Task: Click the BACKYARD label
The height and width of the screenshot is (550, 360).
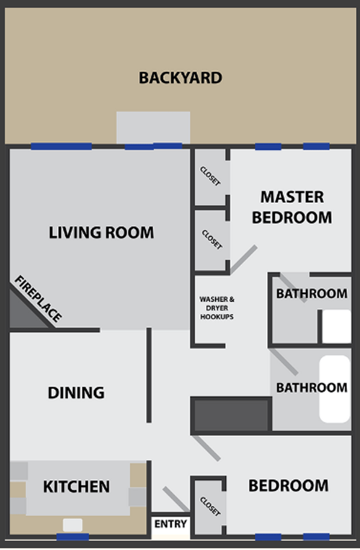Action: [180, 77]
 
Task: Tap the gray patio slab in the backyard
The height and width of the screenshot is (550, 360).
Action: [153, 127]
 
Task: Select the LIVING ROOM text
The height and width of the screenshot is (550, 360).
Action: [101, 233]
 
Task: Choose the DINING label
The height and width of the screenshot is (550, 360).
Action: [76, 392]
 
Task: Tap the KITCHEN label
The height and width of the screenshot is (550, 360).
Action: [76, 486]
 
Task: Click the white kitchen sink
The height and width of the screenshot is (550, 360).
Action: [72, 524]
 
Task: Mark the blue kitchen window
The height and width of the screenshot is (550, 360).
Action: [73, 537]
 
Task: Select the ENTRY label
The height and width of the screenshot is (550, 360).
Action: [170, 524]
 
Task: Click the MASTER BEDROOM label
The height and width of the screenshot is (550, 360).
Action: [292, 207]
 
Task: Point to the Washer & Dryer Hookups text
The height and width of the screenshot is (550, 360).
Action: [217, 308]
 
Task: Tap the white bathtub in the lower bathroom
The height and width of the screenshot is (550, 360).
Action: [334, 389]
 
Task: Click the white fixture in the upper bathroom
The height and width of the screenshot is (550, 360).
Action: [335, 326]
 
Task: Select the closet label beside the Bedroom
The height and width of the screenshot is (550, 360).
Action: [210, 506]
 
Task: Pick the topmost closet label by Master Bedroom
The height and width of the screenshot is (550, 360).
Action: [210, 176]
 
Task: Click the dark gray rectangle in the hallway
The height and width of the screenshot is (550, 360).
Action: [231, 415]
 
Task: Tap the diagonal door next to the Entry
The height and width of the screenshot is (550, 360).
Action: [176, 499]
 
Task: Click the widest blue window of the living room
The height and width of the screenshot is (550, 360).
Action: [61, 146]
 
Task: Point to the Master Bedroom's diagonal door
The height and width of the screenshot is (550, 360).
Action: [244, 260]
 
